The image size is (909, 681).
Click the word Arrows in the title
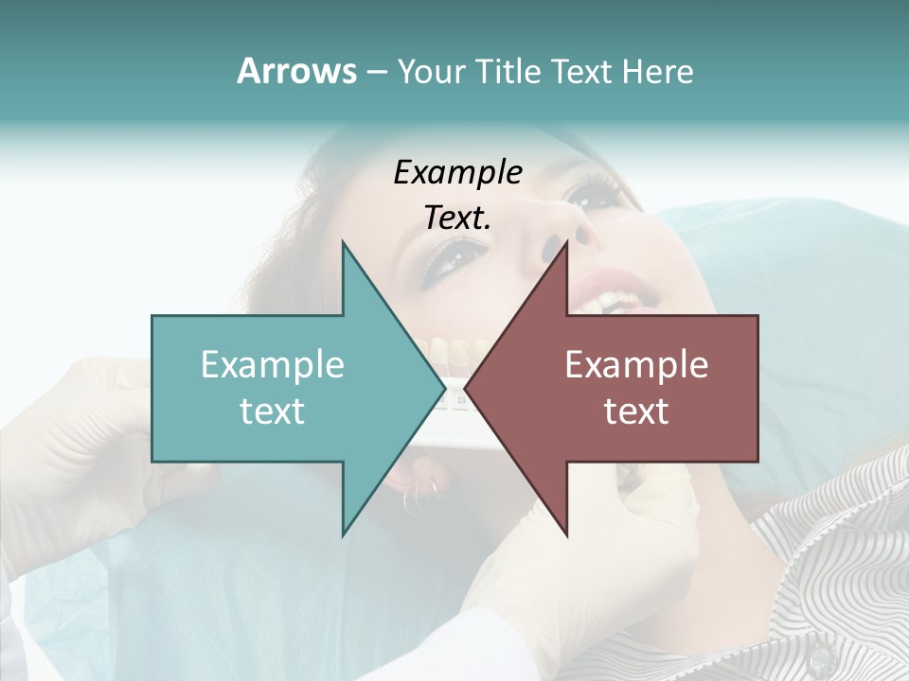(x=296, y=71)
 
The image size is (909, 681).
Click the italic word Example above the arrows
(x=457, y=172)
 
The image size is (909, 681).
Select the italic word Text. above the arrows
(x=457, y=218)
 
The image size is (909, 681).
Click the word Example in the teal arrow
(x=273, y=364)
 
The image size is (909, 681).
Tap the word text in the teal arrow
(x=273, y=411)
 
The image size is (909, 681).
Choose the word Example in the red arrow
(x=636, y=364)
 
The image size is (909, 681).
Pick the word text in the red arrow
(x=636, y=411)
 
